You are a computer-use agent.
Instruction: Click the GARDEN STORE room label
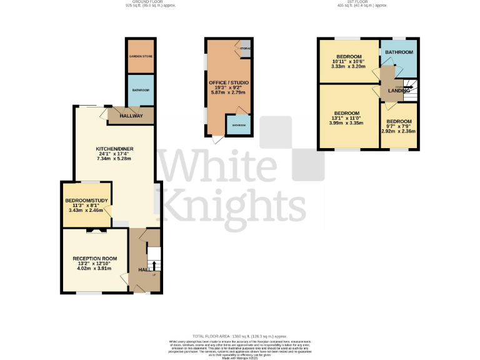141,56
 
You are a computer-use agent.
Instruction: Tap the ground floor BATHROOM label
141,90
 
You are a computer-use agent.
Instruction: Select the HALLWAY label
131,116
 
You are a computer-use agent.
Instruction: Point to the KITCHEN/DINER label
112,149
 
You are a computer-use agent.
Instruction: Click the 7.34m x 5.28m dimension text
112,159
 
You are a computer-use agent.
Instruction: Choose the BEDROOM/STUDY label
87,200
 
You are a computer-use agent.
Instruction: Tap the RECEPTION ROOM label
95,259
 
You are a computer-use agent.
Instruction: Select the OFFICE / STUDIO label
227,82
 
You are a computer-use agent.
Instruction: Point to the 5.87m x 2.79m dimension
227,92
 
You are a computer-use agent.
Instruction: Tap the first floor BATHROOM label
399,52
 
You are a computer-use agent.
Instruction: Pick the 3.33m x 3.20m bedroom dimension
347,66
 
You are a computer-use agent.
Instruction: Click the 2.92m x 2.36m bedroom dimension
399,131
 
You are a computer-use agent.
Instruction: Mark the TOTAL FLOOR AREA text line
240,336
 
